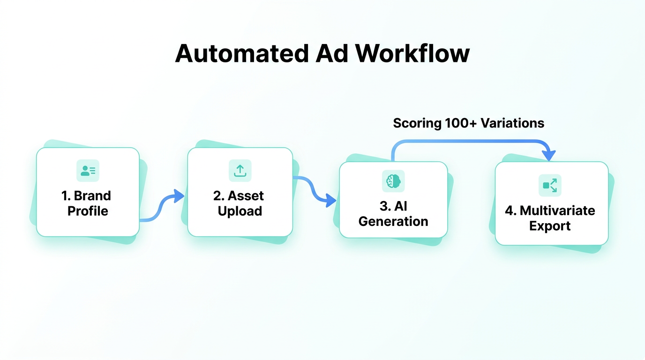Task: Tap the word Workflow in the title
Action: [x=412, y=53]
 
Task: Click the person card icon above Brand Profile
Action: [x=88, y=171]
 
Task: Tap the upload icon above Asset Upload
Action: [x=240, y=171]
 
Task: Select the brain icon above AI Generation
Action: [x=393, y=181]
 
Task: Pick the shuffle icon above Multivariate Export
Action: [x=549, y=185]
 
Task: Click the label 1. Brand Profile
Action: [x=87, y=203]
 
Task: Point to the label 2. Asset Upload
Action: [x=240, y=203]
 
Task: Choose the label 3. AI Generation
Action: [x=393, y=213]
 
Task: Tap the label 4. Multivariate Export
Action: [x=550, y=218]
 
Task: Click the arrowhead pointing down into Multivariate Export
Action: [x=548, y=155]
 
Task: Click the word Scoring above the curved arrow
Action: [x=417, y=123]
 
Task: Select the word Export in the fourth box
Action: [x=550, y=226]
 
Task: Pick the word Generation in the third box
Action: [x=393, y=221]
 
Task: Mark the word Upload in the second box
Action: [x=240, y=211]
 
